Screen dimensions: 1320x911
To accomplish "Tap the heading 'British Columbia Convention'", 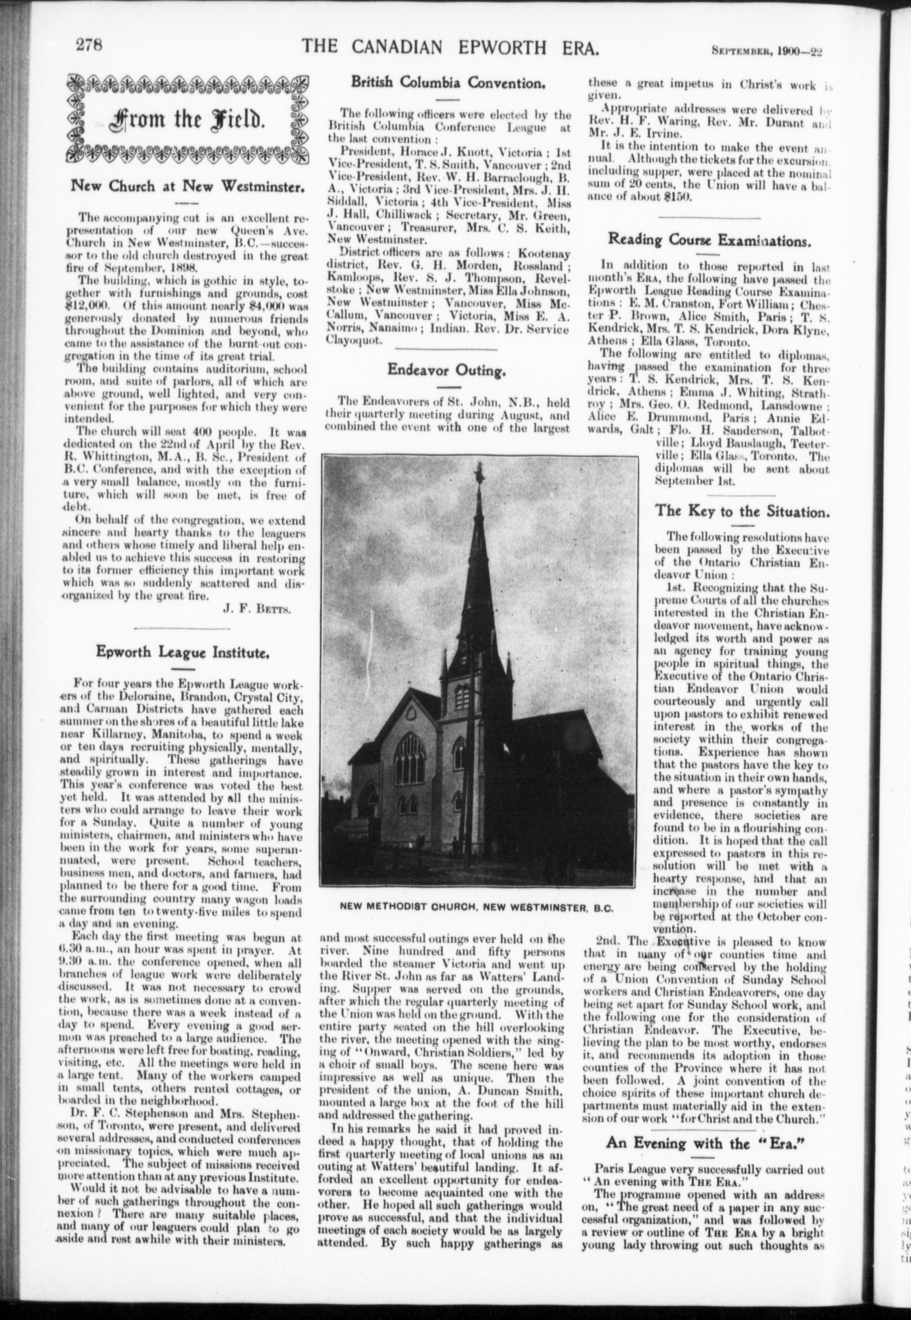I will [448, 82].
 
